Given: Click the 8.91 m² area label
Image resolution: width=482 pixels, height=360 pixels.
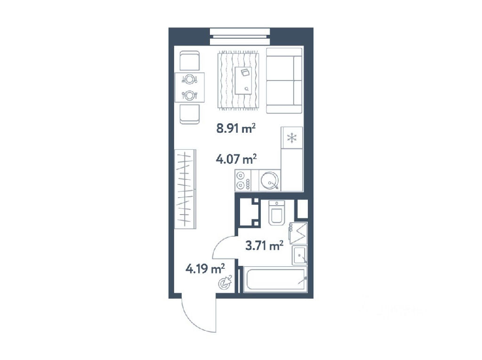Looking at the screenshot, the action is [x=236, y=128].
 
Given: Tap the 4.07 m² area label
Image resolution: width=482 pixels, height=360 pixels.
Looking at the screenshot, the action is [x=236, y=159].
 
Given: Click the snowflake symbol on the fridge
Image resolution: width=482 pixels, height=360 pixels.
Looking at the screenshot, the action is [x=292, y=138].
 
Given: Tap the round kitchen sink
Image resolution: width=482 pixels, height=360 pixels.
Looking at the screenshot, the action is [x=270, y=180].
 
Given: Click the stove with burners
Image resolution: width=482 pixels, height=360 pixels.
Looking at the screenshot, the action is [x=243, y=180].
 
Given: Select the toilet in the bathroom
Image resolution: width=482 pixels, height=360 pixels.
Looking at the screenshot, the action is [x=277, y=213].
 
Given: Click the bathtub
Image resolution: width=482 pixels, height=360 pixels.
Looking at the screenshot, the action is [x=275, y=279].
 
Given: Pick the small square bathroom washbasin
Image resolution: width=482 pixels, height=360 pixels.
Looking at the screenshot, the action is [x=299, y=255].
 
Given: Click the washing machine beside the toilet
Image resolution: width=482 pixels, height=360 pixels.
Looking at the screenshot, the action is [x=298, y=233].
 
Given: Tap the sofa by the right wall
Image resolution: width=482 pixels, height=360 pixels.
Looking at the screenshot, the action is [x=284, y=80].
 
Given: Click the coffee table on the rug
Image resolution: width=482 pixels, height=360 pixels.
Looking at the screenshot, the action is [x=245, y=80].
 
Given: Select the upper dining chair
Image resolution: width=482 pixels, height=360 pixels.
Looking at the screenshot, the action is [x=189, y=61].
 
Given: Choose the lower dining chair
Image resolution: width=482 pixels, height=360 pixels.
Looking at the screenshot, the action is [x=189, y=114].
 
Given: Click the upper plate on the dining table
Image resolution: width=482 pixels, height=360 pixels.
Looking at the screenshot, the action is [x=190, y=80].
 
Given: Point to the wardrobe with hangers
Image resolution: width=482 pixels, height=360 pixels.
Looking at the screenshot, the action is [x=185, y=189].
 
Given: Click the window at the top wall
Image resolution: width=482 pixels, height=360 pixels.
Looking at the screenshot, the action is [x=240, y=37].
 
